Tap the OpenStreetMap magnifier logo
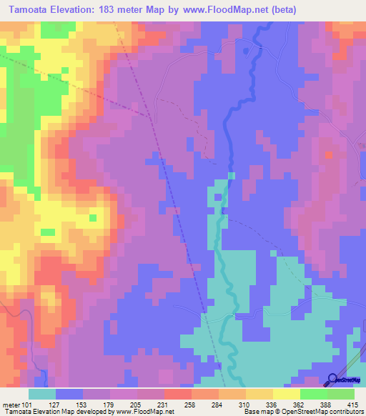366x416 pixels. click(333, 379)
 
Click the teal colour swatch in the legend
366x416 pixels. click(42, 394)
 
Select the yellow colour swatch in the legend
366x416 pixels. click(285, 394)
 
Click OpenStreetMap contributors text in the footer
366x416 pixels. click(321, 412)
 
